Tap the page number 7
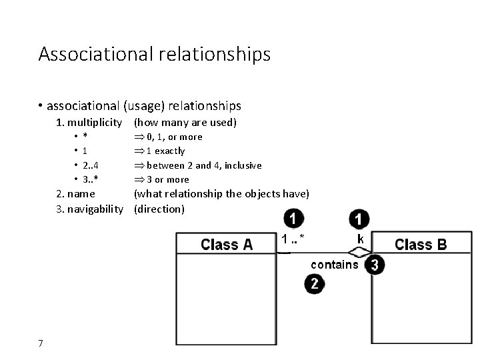[x=41, y=343]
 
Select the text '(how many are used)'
[x=185, y=122]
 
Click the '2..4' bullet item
[x=91, y=165]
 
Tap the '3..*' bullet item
[x=91, y=179]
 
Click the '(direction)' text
[x=159, y=209]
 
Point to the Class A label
[x=227, y=244]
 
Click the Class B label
[x=421, y=244]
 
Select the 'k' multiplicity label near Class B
[x=360, y=239]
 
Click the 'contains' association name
[x=334, y=265]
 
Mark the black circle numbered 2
[x=315, y=284]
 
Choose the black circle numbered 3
[x=375, y=265]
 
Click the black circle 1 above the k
[x=359, y=219]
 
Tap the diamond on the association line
[x=359, y=252]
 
